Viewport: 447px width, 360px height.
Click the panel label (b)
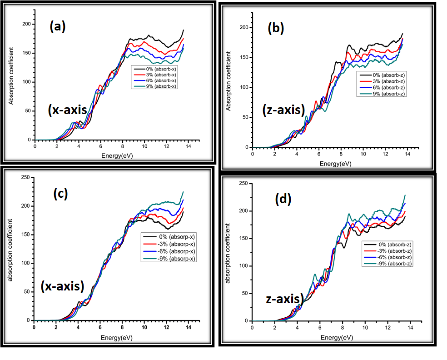276,29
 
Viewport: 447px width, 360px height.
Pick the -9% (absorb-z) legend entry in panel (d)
388,264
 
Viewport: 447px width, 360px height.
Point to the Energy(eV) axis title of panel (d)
337,337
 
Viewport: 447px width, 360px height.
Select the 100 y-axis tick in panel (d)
244,266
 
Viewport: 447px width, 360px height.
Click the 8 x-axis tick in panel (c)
122,327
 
